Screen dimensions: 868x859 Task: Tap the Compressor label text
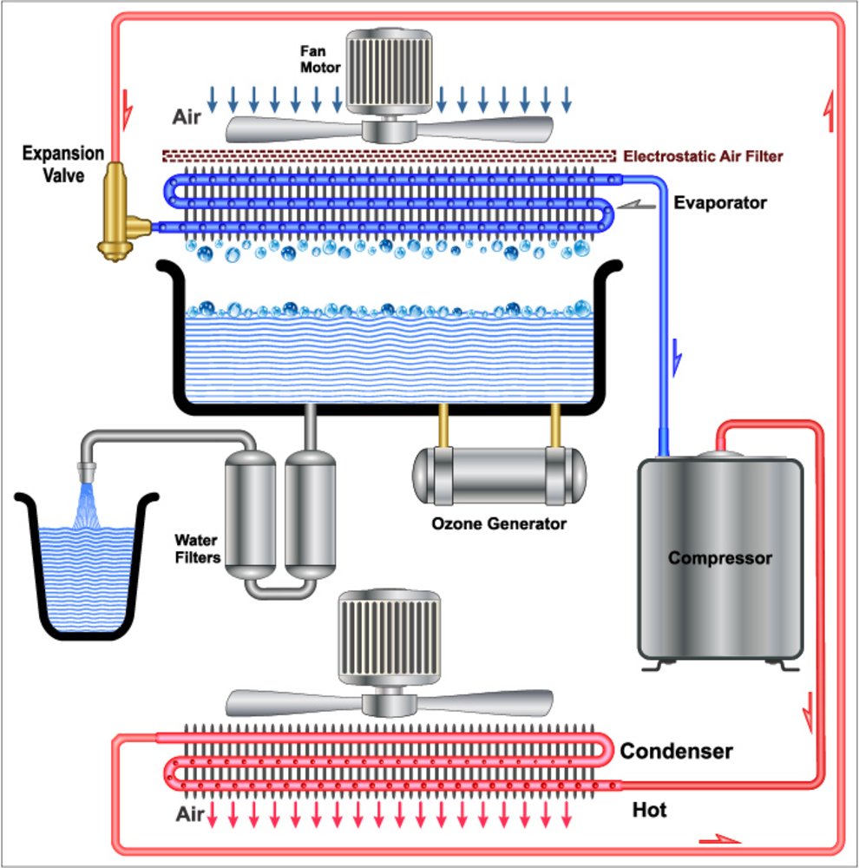coord(719,557)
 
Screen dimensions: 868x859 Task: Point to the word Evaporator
coord(720,203)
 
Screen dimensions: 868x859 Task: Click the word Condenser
coord(676,751)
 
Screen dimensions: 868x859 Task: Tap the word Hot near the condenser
coord(649,810)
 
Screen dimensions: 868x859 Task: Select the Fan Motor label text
coord(316,58)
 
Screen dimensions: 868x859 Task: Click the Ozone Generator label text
coord(499,523)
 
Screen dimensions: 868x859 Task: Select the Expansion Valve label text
coord(62,165)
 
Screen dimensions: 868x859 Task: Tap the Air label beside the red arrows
coord(190,814)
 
